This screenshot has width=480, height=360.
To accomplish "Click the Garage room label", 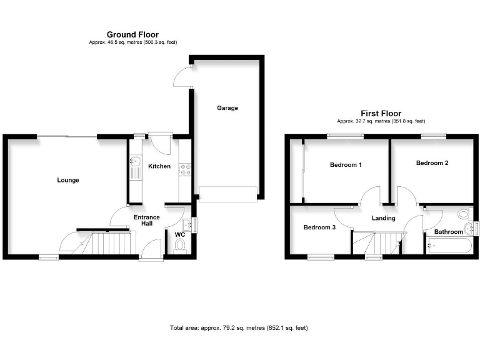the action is [x=227, y=108].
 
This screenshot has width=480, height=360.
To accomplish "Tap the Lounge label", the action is [x=68, y=180].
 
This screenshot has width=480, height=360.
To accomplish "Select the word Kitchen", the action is [x=159, y=166].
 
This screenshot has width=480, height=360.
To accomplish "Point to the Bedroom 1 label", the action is [x=346, y=165].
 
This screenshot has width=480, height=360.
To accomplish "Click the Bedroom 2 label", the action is [x=432, y=163].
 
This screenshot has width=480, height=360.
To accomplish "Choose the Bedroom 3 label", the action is [x=319, y=227].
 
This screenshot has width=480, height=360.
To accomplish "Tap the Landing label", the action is [x=384, y=218].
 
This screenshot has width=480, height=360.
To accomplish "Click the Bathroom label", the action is [x=449, y=232].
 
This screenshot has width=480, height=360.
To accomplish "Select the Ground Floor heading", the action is [x=132, y=34].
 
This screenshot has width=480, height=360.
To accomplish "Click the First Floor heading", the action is [x=381, y=114].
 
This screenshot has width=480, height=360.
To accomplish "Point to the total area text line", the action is [x=239, y=328].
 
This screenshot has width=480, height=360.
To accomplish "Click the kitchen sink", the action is [x=135, y=167].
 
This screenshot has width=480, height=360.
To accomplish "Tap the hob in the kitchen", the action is [x=185, y=170].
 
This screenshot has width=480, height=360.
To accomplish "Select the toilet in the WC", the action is [x=180, y=246].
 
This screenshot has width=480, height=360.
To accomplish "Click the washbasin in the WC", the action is [x=187, y=225].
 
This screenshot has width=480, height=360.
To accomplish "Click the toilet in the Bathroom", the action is [x=465, y=214].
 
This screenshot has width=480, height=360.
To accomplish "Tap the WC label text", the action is [x=180, y=235].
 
